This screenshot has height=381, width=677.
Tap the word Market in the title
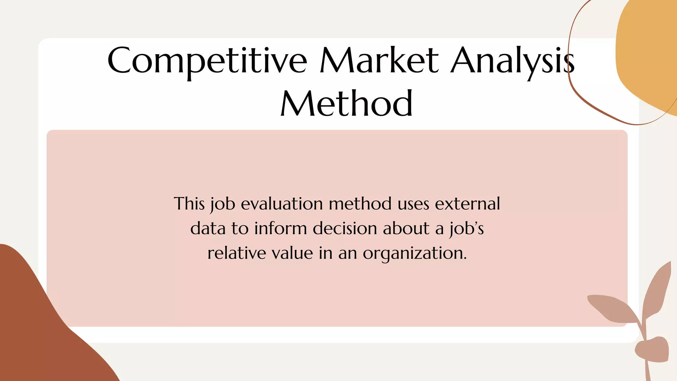[379, 61]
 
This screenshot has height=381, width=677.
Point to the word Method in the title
[346, 104]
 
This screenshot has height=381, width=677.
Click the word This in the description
[189, 204]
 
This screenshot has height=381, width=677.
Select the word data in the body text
[208, 229]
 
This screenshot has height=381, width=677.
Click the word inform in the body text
[281, 229]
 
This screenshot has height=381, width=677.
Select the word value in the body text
[292, 253]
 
